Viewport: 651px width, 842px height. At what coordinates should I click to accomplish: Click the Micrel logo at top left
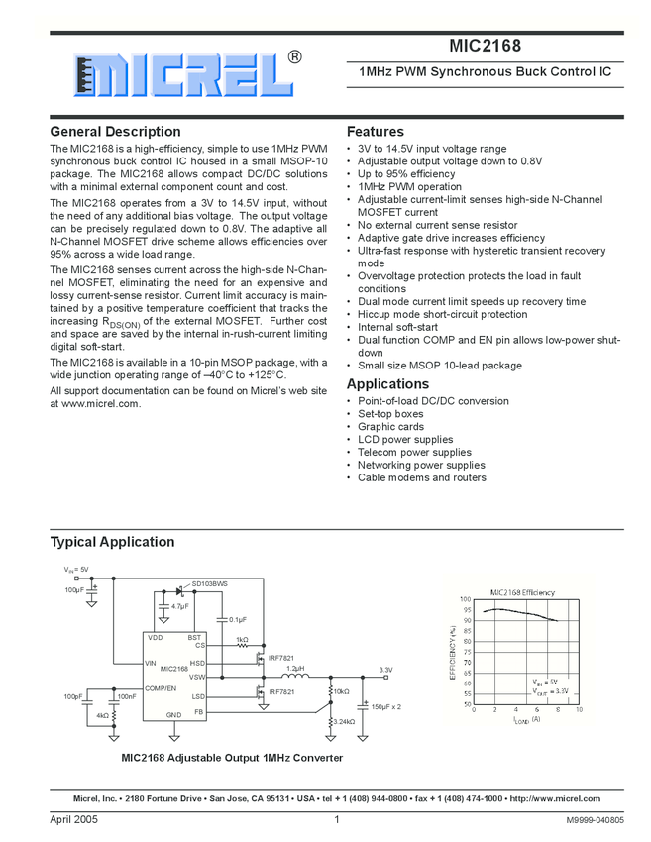tap(177, 74)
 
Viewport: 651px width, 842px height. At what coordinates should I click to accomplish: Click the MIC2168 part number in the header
tap(484, 46)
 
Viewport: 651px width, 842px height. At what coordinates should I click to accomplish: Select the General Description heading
tap(115, 132)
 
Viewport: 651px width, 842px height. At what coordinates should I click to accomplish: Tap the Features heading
tap(375, 132)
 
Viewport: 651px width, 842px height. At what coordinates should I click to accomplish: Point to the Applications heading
tap(387, 384)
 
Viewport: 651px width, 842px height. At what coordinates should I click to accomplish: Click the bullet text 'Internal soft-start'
tap(397, 327)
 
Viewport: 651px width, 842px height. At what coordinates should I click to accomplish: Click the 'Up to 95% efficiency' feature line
tap(406, 174)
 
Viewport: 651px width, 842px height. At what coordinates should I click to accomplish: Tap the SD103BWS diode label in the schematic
tap(209, 584)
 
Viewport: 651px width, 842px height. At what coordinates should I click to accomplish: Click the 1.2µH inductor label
tap(295, 669)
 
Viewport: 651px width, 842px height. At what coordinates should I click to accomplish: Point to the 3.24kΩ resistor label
tap(344, 722)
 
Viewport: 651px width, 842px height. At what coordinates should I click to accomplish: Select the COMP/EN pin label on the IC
tap(161, 687)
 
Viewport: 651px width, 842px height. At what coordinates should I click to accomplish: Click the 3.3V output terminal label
tap(385, 671)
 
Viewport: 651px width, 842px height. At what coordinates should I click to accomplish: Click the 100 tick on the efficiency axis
tap(465, 599)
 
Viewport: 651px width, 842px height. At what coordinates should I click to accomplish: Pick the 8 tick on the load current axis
tap(557, 710)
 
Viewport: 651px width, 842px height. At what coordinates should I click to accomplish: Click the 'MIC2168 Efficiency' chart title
tap(522, 591)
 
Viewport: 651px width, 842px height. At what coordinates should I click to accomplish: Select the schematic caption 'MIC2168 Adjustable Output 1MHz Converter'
tap(232, 757)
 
